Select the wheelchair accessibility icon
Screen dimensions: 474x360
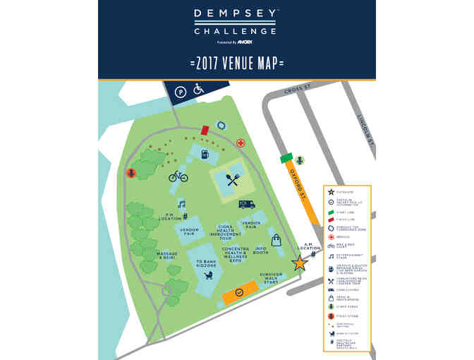click(x=199, y=90)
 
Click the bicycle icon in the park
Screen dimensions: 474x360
click(x=178, y=176)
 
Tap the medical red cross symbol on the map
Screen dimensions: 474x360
click(x=241, y=143)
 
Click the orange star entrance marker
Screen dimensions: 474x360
click(x=300, y=264)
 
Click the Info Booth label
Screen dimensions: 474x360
click(x=261, y=251)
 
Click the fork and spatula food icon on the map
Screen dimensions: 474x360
click(x=233, y=179)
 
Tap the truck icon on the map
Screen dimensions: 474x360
click(x=246, y=203)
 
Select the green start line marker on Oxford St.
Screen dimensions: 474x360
click(x=286, y=159)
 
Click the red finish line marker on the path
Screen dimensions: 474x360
click(x=205, y=131)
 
